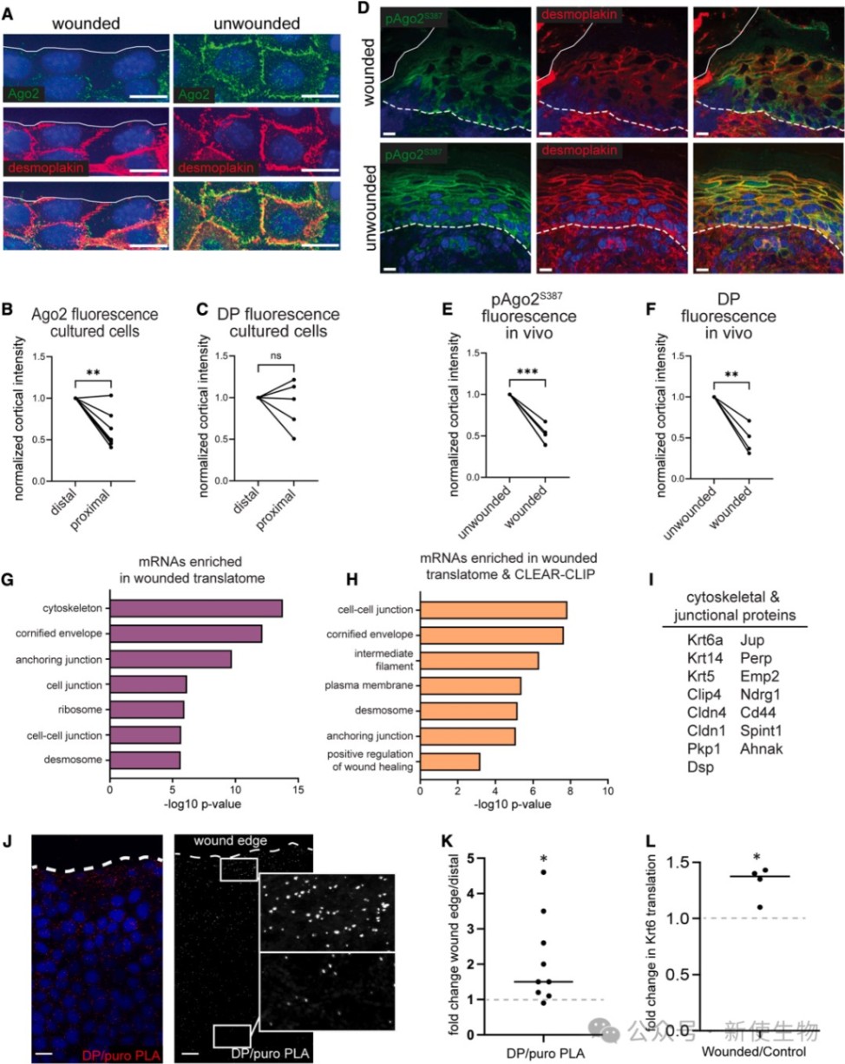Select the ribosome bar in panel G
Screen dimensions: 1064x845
pyautogui.click(x=147, y=710)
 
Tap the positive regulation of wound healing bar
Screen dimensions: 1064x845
pyautogui.click(x=449, y=762)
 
